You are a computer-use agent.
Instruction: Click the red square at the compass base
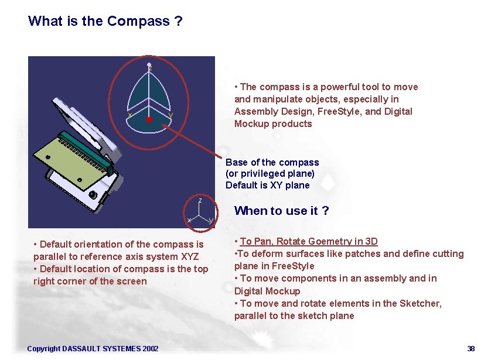[149, 119]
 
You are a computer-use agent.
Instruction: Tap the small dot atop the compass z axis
[149, 64]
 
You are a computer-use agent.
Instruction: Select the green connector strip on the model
[86, 149]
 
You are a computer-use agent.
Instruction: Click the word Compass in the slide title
[138, 22]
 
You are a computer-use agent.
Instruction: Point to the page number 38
[471, 349]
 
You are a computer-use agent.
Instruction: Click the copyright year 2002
[150, 349]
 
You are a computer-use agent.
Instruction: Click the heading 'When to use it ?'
[281, 211]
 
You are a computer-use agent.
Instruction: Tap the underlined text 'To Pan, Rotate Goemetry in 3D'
[309, 241]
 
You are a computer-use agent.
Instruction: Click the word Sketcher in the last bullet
[421, 303]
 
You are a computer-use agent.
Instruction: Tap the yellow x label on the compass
[129, 115]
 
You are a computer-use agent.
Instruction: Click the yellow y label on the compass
[170, 115]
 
